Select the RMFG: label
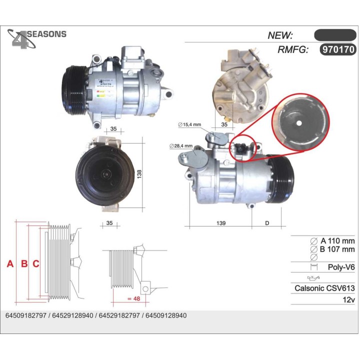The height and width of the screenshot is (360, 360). tap(293, 50)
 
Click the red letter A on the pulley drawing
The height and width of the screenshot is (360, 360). tap(10, 263)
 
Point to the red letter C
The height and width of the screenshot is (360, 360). tap(35, 263)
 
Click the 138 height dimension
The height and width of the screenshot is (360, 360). tap(139, 173)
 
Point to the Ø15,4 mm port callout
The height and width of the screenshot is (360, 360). tap(189, 124)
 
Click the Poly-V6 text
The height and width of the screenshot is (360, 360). tap(341, 267)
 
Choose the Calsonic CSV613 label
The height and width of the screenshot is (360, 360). tap(324, 288)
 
